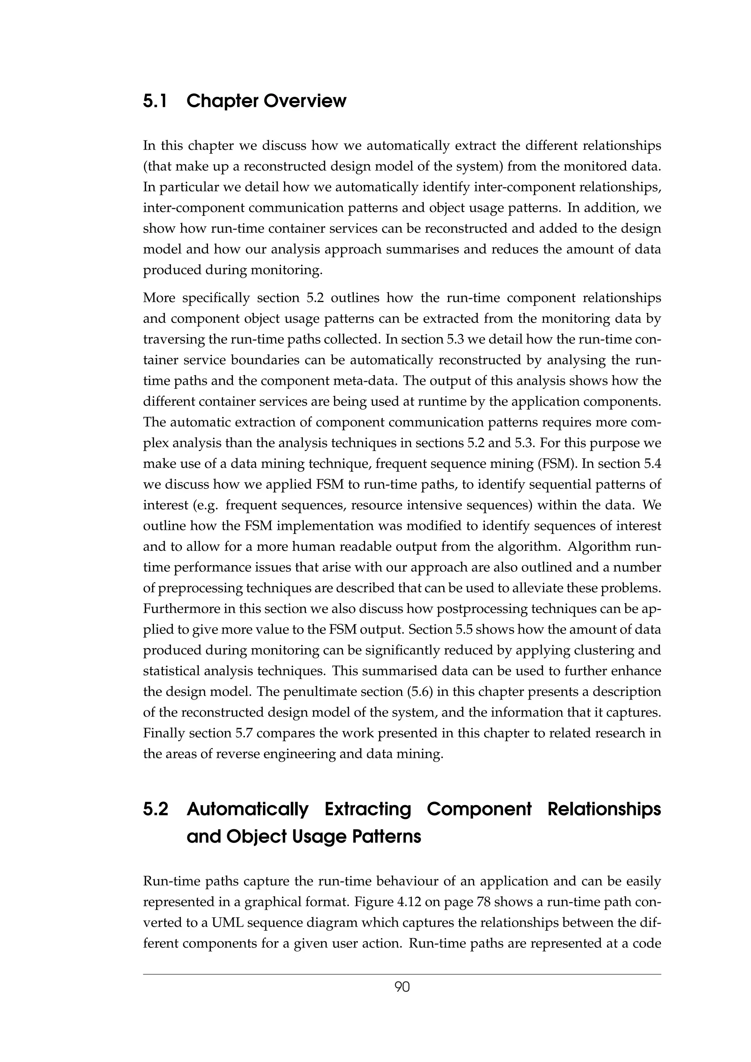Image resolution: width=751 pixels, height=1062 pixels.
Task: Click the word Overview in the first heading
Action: point(305,101)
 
